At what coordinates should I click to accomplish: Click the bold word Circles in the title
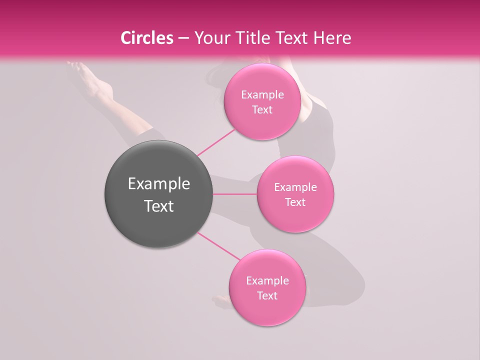(147, 38)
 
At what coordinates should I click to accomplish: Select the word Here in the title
(331, 38)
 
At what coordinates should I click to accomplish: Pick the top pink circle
(262, 125)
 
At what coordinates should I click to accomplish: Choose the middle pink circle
(295, 217)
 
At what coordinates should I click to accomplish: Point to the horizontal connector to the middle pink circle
(234, 194)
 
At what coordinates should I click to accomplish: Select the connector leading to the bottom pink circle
(218, 246)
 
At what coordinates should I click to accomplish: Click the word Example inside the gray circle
(158, 184)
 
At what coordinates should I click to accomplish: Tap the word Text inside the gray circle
(158, 206)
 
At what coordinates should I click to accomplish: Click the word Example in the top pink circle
(262, 95)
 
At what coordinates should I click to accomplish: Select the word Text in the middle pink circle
(295, 202)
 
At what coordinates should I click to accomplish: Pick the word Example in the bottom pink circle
(267, 281)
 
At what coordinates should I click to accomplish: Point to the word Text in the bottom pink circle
(267, 296)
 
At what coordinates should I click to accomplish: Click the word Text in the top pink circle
(262, 110)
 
